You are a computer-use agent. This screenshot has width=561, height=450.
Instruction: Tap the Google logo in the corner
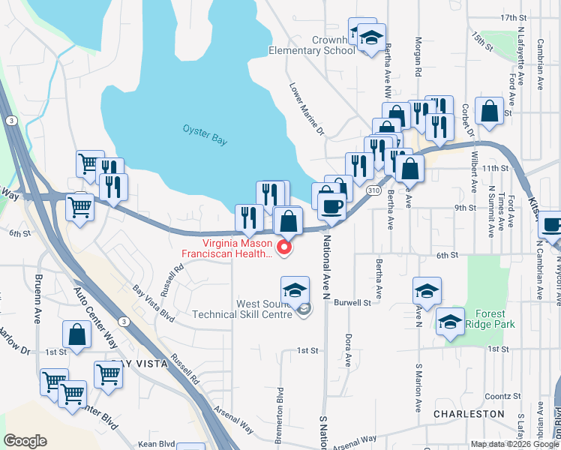[x=25, y=441]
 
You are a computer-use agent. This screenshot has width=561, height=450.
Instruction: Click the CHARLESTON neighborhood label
[x=468, y=413]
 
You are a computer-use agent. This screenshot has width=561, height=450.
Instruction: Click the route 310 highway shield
[x=373, y=191]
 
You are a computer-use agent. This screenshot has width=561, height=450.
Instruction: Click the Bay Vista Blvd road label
[x=154, y=299]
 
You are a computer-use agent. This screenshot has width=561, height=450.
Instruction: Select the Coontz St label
[x=502, y=396]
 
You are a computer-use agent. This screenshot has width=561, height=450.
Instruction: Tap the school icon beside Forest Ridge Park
[x=450, y=323]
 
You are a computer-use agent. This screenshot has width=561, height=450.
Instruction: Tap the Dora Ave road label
[x=349, y=349]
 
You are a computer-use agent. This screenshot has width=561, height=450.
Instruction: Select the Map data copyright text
[x=514, y=444]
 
